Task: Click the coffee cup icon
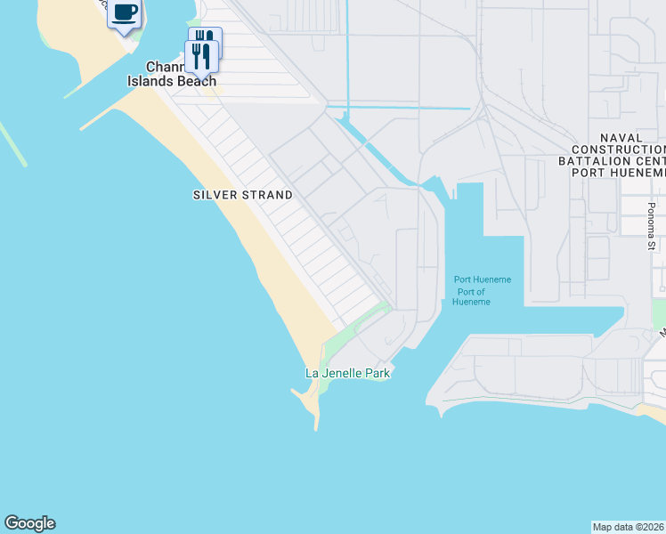click(x=125, y=12)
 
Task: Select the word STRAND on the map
click(x=268, y=195)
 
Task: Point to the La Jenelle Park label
click(x=347, y=373)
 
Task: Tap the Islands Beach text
click(x=181, y=81)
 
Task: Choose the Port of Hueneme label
click(x=472, y=297)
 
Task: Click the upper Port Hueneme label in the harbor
click(x=483, y=279)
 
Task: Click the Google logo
click(x=29, y=523)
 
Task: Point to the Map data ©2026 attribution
click(x=629, y=527)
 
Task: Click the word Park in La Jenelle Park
click(x=377, y=373)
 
